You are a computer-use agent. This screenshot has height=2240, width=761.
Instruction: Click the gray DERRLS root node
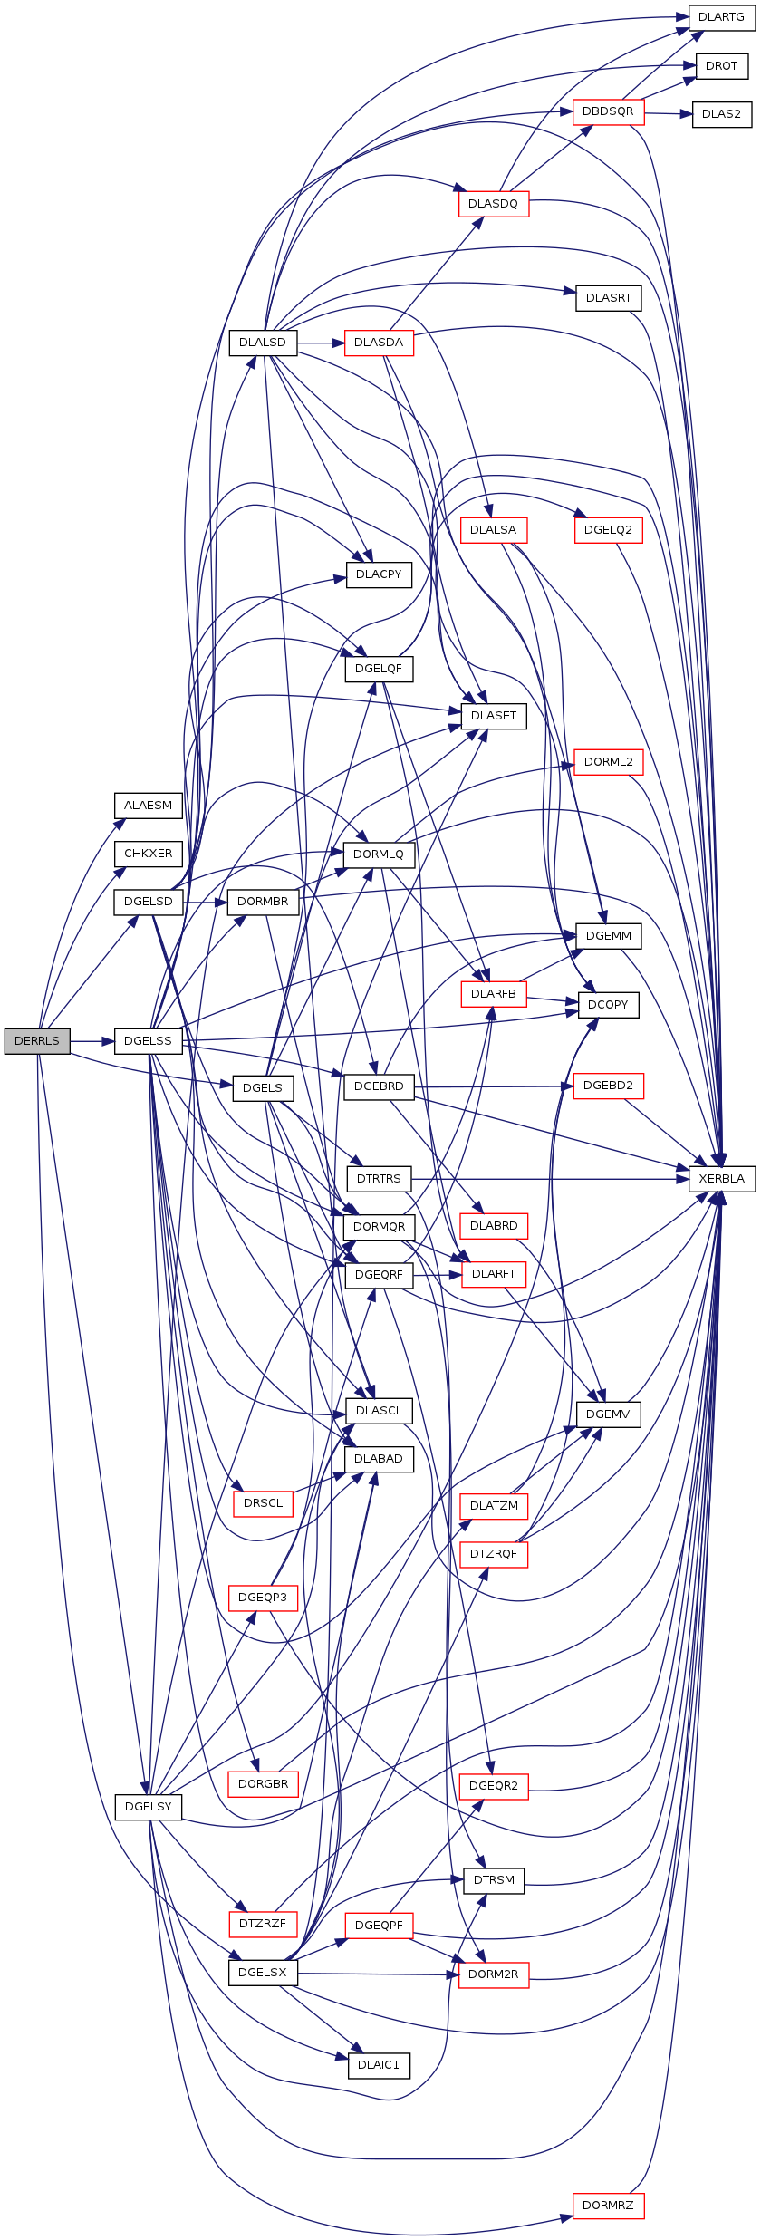(37, 1041)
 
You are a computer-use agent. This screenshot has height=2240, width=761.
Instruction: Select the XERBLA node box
(722, 1179)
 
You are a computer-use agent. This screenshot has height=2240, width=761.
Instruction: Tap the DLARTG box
(722, 17)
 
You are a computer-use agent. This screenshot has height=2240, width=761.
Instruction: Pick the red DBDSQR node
(608, 111)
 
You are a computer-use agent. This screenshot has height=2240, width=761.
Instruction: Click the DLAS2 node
(722, 114)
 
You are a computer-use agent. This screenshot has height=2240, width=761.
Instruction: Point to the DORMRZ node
(608, 2205)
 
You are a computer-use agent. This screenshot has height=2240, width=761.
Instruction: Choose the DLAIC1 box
(379, 2065)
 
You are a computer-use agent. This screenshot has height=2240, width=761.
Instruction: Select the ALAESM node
(148, 806)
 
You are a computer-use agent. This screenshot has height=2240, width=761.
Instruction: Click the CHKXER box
(148, 854)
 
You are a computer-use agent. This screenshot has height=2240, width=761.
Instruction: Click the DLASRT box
(609, 298)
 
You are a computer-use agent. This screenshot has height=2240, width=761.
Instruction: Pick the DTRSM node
(494, 1880)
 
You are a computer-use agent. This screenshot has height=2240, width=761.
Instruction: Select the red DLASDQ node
(493, 204)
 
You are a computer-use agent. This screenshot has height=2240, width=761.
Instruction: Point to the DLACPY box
(379, 574)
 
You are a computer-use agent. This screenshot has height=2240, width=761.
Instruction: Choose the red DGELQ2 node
(608, 530)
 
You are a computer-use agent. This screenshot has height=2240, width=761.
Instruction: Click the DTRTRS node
(379, 1179)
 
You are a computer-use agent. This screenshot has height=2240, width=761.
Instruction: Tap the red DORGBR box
(263, 1784)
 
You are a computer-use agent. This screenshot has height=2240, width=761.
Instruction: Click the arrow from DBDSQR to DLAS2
(669, 113)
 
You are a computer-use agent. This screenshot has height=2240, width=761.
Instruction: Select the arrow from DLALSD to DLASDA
(321, 343)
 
